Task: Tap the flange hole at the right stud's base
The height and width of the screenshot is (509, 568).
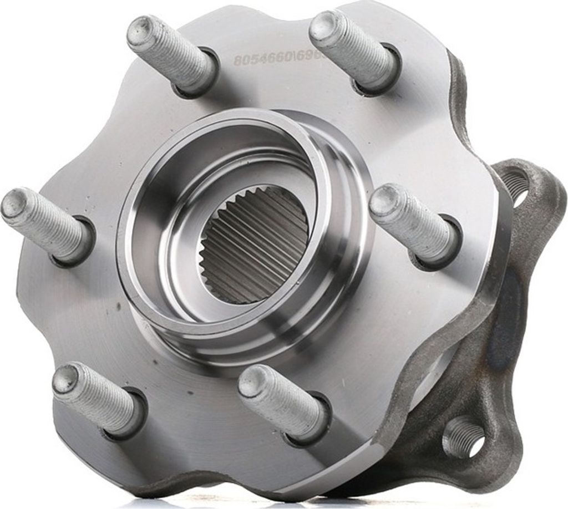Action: pos(444,244)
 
